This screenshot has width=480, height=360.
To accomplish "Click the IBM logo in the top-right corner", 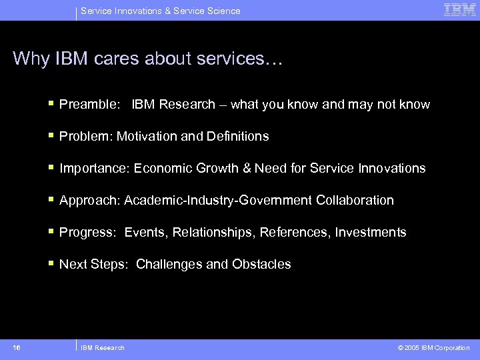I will pos(460,10).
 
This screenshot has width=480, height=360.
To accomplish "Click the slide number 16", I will pos(17,347).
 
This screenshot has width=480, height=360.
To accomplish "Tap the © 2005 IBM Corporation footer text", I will pos(433,348).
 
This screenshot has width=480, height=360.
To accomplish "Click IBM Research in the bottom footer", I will pos(103,348).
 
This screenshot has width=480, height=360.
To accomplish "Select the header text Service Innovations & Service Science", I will pos(160,11).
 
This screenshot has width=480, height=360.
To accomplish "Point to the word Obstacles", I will pos(261,265).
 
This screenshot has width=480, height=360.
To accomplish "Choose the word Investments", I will pos(371,233).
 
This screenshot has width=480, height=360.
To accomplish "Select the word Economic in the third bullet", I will pos(163,169).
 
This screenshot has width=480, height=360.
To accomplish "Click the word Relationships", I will pos(213,233).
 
